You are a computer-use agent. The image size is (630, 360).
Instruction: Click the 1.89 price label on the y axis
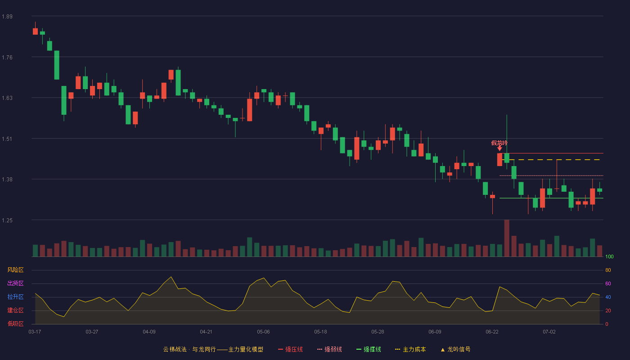[x=7, y=17]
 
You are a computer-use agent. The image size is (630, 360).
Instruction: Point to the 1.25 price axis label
[x=7, y=220]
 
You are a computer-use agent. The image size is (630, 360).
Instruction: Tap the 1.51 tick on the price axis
[x=7, y=139]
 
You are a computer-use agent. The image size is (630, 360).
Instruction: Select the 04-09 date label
[x=149, y=332]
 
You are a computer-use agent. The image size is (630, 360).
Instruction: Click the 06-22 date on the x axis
[x=492, y=332]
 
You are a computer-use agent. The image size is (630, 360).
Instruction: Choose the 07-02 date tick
[x=549, y=332]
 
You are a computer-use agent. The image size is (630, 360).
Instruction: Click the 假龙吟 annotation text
[x=499, y=143]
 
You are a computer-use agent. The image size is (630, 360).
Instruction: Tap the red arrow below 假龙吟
[x=499, y=148]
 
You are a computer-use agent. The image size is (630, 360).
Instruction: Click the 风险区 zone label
[x=15, y=270]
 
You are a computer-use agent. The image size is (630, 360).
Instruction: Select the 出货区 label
[x=15, y=283]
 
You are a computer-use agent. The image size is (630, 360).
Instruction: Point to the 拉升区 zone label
[x=15, y=297]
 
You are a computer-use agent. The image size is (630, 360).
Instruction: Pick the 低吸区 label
[x=15, y=324]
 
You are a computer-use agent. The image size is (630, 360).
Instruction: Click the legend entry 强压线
[x=290, y=349]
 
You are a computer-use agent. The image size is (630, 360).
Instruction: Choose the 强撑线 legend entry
[x=369, y=349]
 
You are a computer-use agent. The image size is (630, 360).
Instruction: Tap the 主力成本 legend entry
[x=410, y=349]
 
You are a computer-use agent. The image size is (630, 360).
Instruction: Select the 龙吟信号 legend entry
[x=455, y=349]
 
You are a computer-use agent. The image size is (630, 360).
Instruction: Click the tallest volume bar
[x=507, y=238]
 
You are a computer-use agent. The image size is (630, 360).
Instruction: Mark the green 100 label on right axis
[x=609, y=256]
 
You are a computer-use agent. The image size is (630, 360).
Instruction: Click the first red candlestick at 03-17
[x=35, y=31]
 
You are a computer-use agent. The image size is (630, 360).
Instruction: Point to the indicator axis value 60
[x=608, y=283]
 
